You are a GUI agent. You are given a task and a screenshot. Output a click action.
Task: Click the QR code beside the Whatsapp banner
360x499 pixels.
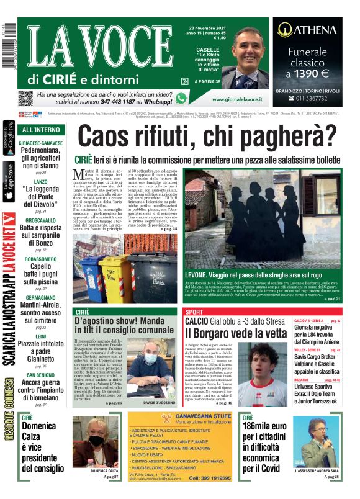25,98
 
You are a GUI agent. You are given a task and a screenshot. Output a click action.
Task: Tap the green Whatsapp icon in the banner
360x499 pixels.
181,98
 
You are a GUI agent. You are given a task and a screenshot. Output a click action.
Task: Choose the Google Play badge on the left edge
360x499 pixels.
8,136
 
